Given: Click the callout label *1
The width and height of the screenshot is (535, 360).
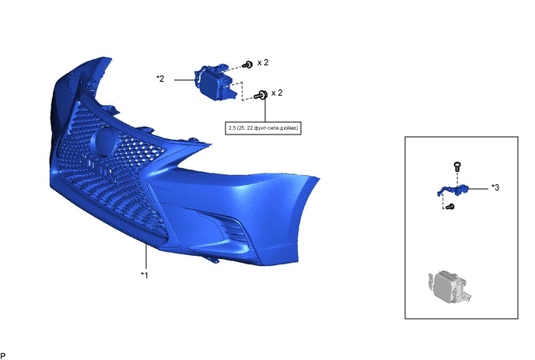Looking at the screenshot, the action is click(145, 275).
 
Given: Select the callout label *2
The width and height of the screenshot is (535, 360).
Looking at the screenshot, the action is click(160, 79).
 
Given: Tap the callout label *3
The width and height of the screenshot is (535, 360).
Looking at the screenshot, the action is click(495, 187).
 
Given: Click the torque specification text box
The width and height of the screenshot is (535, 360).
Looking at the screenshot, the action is click(263, 128).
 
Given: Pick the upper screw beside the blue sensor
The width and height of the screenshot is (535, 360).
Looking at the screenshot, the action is click(248, 65).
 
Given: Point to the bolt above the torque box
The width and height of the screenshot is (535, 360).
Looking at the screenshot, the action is click(261, 95).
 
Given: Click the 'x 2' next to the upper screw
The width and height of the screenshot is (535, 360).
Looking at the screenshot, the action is click(263, 62).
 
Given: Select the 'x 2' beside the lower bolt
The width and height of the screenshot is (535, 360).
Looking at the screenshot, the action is click(277, 93).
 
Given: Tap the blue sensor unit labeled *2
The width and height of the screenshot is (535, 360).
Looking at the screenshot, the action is click(215, 82).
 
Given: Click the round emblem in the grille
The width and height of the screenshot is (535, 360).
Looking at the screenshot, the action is click(103, 142).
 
